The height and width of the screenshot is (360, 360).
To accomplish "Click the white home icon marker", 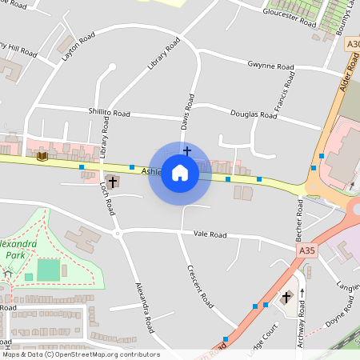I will tap(180, 173).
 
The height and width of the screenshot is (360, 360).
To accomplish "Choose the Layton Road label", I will tap(78, 47).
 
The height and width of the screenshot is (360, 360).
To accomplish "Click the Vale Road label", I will tap(210, 235).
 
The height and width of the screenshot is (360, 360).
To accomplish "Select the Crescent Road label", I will tap(200, 287).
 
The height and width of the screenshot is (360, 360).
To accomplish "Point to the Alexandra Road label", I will tap(145, 307).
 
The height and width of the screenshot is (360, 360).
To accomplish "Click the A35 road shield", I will tap(308, 250).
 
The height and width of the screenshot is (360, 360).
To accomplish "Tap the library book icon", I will tap(42, 156).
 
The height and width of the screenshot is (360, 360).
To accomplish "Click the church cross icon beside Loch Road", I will tap(112, 182).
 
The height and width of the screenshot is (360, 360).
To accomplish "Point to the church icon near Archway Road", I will tap(286, 298).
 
